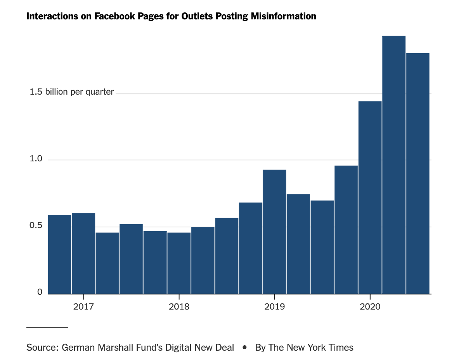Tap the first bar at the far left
(60, 254)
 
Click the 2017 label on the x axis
(83, 307)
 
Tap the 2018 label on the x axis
(179, 307)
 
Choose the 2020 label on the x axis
(370, 307)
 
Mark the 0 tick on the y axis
(40, 292)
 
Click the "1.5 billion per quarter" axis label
(72, 92)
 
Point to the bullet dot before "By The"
(244, 347)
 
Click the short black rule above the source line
(47, 328)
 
